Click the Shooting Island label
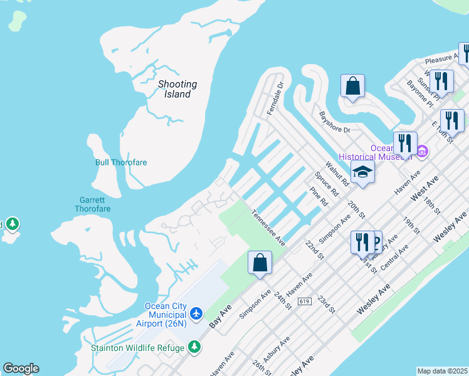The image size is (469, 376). click(177, 89)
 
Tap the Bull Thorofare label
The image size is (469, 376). click(121, 162)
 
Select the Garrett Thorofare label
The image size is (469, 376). click(93, 204)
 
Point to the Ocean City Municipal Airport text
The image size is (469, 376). click(166, 315)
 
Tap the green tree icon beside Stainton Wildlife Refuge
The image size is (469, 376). click(195, 347)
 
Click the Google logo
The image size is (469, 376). click(21, 368)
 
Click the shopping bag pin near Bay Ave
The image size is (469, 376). click(260, 262)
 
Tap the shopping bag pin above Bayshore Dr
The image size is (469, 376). click(352, 86)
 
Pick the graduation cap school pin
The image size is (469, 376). click(362, 172)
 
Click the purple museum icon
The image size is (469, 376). click(422, 152)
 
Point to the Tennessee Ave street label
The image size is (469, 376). click(268, 227)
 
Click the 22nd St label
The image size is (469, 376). click(314, 249)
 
